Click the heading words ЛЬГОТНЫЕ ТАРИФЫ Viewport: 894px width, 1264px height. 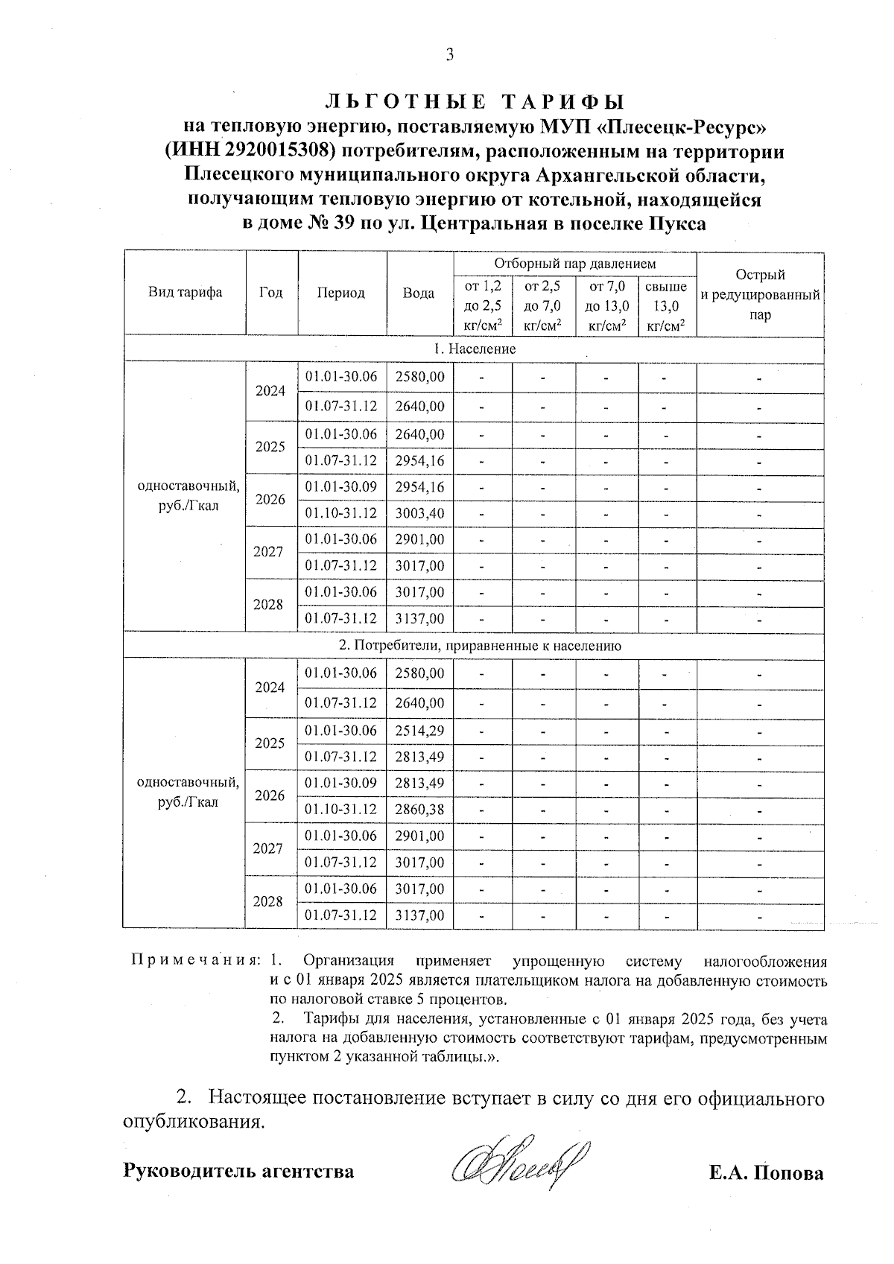tap(475, 102)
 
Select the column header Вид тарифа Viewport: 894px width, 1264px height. tap(185, 293)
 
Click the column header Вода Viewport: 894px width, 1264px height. tap(419, 293)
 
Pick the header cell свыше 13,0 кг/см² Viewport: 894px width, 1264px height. tap(666, 305)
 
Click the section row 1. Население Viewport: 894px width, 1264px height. tap(474, 349)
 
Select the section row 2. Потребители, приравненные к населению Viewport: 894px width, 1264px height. tap(474, 646)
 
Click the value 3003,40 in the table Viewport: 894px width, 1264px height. tap(419, 513)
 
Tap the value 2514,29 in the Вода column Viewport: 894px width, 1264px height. tap(419, 731)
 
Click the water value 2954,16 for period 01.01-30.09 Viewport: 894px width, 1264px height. tap(419, 487)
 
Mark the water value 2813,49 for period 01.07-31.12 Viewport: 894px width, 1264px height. tap(419, 757)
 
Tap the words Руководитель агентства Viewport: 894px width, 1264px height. tap(238, 1172)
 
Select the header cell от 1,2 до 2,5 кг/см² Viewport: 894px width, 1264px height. tap(483, 305)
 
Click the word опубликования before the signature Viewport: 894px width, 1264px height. tap(194, 1122)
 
